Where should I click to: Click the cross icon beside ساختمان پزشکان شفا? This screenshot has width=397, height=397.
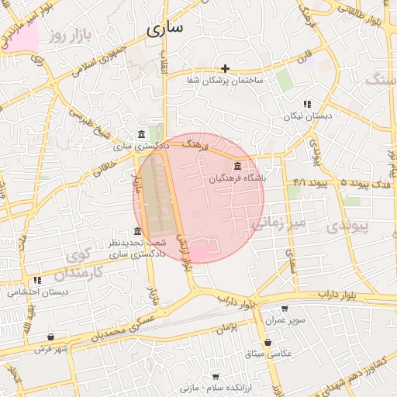point(226,69)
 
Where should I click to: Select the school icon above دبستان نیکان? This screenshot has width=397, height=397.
point(307,104)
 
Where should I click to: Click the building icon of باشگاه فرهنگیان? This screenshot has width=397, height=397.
point(236,167)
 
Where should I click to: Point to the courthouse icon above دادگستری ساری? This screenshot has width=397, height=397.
point(140,134)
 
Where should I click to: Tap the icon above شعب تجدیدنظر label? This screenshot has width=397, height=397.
point(137,231)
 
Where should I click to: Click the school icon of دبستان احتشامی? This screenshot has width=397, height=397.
point(36,281)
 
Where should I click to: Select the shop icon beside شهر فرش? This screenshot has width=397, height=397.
point(51,337)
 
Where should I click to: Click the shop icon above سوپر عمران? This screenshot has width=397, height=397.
point(284,309)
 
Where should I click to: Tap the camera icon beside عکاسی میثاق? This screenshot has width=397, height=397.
point(268,342)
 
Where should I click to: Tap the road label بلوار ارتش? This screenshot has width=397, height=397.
point(184,252)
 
